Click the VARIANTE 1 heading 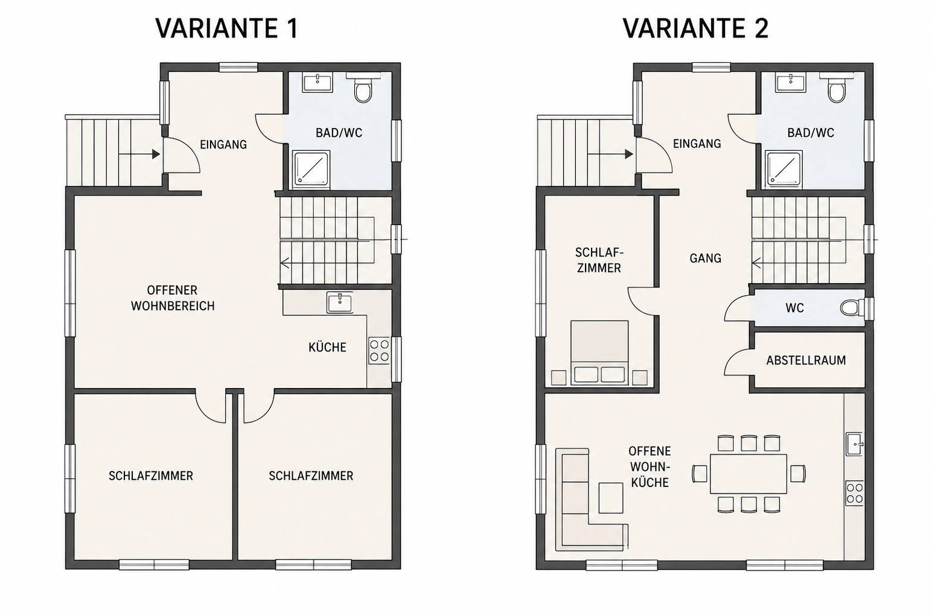point(227,28)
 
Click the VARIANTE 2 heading point(695,28)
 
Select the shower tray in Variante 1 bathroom point(311,168)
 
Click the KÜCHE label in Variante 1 point(327,347)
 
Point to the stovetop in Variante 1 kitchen point(379,351)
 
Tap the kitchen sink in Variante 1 point(339,302)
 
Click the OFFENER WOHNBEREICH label point(173,298)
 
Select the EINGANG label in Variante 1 point(223,144)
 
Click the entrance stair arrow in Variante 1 point(139,154)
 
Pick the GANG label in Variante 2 point(705,258)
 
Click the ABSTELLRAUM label point(806,360)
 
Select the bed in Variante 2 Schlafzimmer point(599,352)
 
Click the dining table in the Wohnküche point(748,474)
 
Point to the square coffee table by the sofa point(611,498)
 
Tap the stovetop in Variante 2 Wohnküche point(854,493)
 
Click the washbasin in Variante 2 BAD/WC point(790,83)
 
